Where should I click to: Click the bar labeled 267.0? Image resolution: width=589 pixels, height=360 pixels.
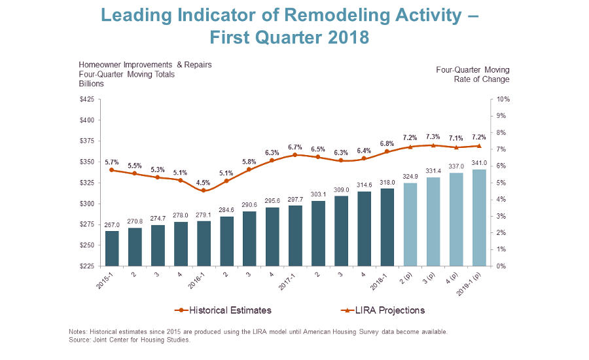point(112,248)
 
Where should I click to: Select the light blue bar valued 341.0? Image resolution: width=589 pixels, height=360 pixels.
point(479,217)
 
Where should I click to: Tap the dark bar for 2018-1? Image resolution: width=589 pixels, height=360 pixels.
point(387,227)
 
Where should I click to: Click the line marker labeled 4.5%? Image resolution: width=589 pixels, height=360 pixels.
point(204,190)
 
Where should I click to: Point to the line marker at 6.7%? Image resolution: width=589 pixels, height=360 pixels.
point(295,154)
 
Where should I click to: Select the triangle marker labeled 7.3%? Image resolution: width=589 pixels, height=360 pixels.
point(433,145)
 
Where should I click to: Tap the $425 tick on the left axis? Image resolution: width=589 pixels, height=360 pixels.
point(86,99)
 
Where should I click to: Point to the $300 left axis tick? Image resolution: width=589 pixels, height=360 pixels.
point(86,204)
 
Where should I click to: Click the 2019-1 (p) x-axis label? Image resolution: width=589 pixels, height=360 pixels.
point(473,282)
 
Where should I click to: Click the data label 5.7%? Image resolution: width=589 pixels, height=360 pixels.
point(112,161)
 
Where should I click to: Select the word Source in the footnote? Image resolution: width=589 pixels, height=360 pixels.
point(81,340)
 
